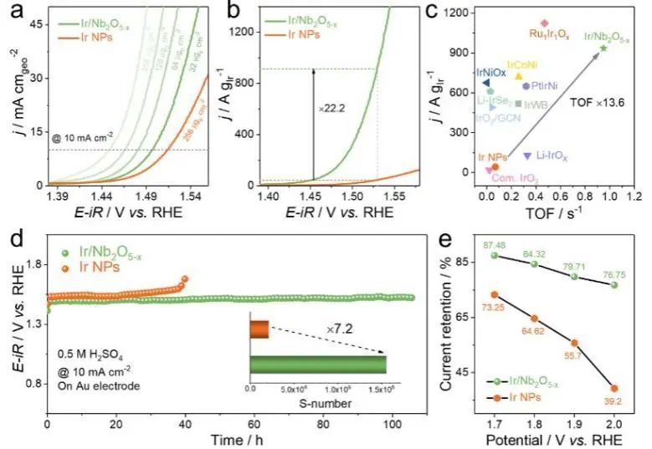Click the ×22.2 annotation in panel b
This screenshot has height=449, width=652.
coord(332,109)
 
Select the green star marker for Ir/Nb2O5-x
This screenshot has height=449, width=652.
coord(603,48)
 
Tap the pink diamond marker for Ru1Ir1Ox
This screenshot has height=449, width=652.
coord(544,23)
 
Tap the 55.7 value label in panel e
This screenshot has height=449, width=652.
coord(574,355)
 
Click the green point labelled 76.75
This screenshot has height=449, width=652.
coord(615,285)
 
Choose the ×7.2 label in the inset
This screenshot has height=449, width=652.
coord(339,329)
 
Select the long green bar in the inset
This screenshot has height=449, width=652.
coord(318,365)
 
